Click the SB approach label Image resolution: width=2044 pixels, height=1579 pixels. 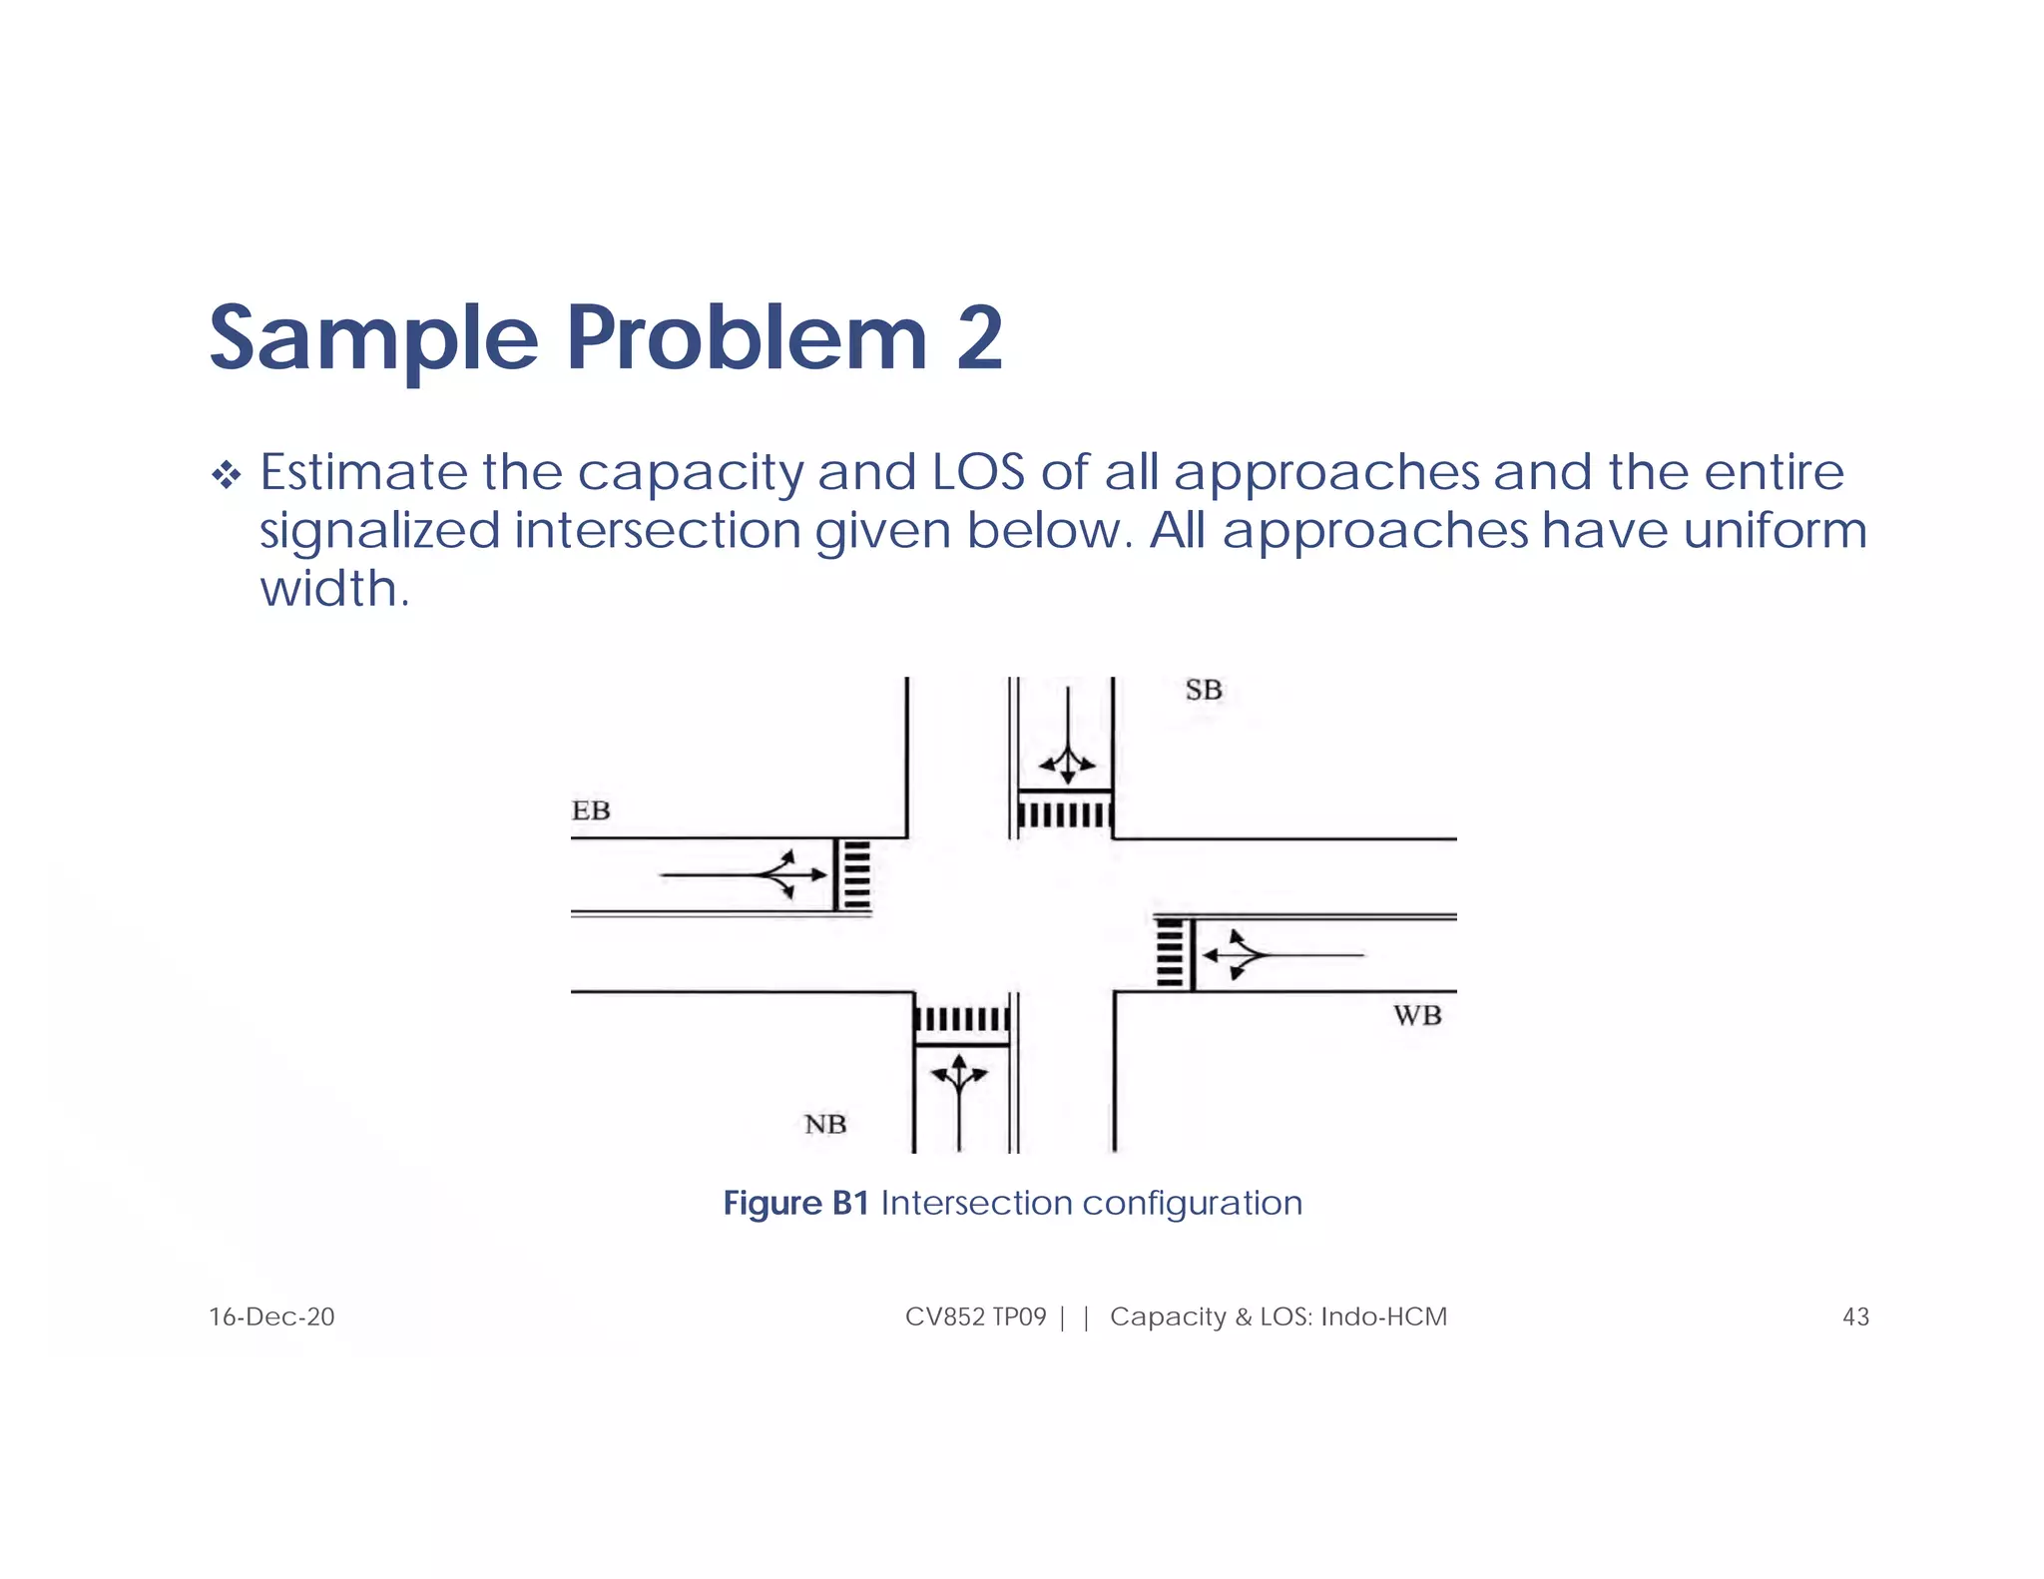[x=1203, y=690]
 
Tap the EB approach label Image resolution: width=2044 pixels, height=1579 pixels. [x=591, y=810]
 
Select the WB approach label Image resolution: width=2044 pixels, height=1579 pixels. [x=1417, y=1016]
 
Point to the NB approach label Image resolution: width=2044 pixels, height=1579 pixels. [x=825, y=1125]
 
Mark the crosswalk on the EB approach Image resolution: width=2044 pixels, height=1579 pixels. [x=855, y=875]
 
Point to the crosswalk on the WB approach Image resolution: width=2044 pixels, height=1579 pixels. [x=1170, y=953]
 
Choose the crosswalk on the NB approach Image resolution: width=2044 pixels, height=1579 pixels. [x=961, y=1019]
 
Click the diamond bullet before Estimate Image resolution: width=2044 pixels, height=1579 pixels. [x=227, y=475]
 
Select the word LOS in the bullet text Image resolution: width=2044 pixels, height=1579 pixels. [x=978, y=472]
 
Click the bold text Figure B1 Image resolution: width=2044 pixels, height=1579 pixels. [x=795, y=1203]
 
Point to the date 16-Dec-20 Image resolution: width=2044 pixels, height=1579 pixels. [x=271, y=1316]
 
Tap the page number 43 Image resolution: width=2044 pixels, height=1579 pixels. [x=1854, y=1316]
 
